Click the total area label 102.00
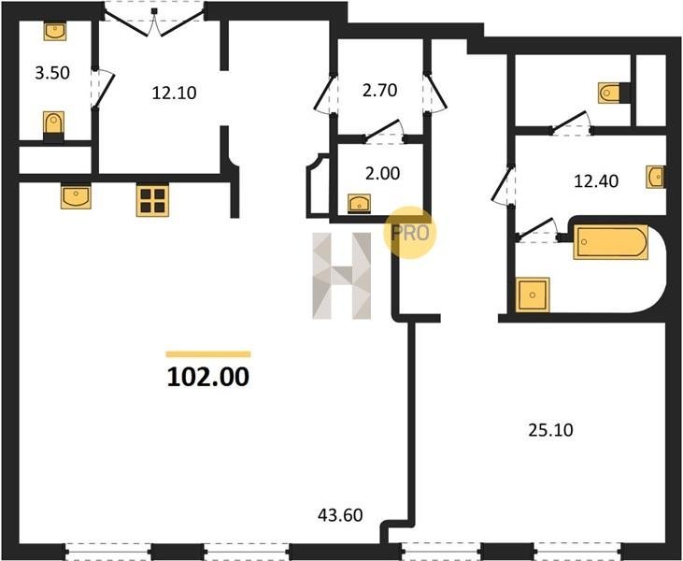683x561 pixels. point(208,377)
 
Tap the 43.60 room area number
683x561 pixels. point(340,515)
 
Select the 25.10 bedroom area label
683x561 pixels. point(550,430)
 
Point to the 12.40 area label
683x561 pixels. point(596,180)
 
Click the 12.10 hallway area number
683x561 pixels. point(174,93)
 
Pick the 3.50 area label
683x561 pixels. point(52,73)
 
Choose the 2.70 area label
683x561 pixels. point(380,91)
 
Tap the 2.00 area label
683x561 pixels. point(382,174)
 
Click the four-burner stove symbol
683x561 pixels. point(152,200)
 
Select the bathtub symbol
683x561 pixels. point(611,242)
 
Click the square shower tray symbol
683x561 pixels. point(533,295)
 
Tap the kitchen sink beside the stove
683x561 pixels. point(76,196)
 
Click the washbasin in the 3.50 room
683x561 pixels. point(55,32)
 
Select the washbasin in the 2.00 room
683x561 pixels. point(360,204)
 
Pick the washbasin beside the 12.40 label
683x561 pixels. point(656,177)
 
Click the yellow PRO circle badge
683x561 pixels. point(409,233)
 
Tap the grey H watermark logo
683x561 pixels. point(342,276)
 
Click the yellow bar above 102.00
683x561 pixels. point(208,354)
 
